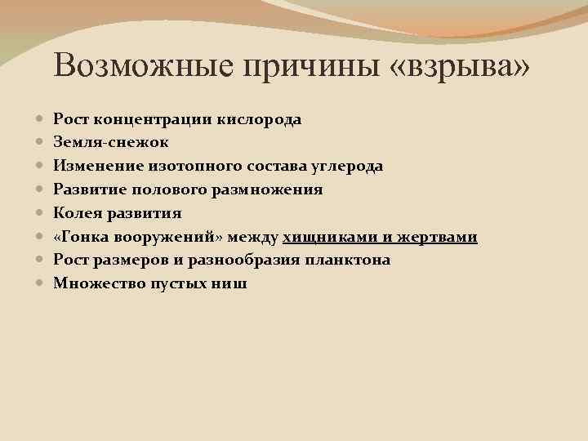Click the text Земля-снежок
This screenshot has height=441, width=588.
(111, 143)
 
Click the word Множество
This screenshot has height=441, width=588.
(93, 283)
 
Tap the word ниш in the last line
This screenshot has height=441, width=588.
(233, 283)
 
